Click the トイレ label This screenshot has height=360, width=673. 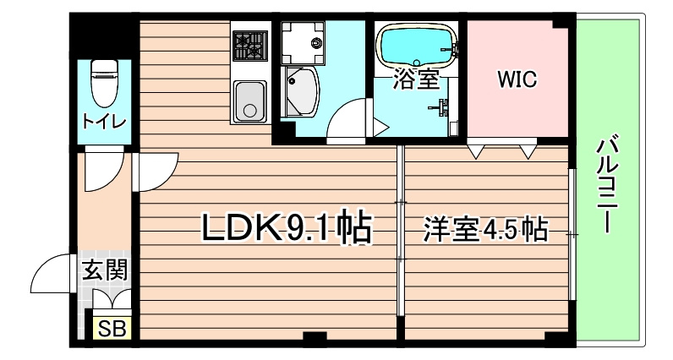(x=105, y=122)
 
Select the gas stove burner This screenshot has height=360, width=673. (x=249, y=46)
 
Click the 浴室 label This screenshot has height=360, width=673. (x=416, y=80)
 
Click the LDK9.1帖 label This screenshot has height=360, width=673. (x=286, y=228)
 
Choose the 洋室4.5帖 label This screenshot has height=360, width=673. (x=484, y=229)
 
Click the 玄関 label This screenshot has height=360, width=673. (x=105, y=271)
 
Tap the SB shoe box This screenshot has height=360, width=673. (x=110, y=329)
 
